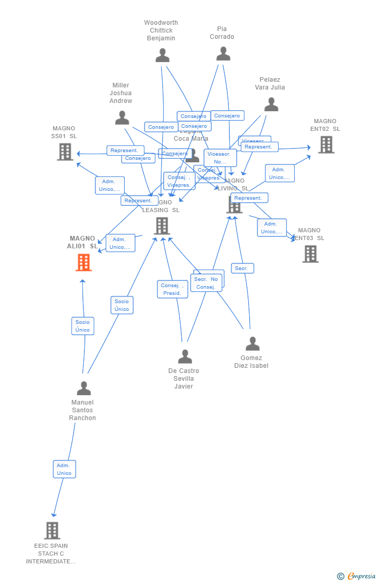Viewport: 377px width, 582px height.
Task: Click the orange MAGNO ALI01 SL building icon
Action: point(83,262)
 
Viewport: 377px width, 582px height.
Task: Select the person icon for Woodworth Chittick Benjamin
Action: point(163,55)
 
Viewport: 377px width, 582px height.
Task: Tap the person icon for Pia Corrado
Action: point(223,53)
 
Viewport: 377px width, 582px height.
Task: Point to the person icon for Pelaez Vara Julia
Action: point(271,104)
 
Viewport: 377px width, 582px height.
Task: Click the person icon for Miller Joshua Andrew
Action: point(122,117)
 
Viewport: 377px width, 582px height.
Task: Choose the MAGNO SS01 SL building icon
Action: point(65,152)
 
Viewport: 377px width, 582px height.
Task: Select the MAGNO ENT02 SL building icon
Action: point(326,145)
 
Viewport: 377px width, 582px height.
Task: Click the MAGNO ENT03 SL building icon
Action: point(310,254)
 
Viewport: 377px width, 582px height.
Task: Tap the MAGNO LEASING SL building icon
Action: point(162,226)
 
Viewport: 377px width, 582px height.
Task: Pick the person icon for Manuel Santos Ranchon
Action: point(83,388)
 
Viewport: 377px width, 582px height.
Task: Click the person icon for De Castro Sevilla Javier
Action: point(185,356)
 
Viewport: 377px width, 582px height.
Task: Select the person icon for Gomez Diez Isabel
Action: point(252,344)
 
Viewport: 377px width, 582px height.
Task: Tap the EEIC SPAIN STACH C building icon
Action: point(52,530)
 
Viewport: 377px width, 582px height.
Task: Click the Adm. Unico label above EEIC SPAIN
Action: point(64,469)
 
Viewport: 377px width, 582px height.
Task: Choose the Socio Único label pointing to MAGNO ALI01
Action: point(83,326)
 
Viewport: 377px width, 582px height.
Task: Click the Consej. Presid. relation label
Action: point(172,289)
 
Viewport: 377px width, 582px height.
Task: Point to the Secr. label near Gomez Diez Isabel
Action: point(242,268)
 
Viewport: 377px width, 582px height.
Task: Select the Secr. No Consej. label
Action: point(206,283)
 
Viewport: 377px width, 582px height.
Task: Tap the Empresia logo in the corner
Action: point(357,576)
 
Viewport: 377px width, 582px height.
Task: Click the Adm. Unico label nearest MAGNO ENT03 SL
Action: point(272,228)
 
